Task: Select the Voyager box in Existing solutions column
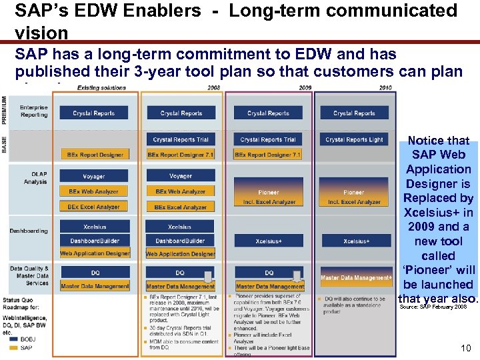point(94,177)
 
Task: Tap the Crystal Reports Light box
point(354,139)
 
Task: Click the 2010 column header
point(385,87)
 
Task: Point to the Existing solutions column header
point(101,87)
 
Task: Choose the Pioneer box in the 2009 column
point(269,192)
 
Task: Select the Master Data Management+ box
point(356,277)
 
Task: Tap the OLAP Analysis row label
point(35,178)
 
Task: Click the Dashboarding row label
point(29,231)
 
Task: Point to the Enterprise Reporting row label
point(33,111)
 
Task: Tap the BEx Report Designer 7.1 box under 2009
point(268,155)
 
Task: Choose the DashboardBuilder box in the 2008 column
point(180,241)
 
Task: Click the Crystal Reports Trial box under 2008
point(180,139)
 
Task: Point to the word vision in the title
point(41,33)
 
